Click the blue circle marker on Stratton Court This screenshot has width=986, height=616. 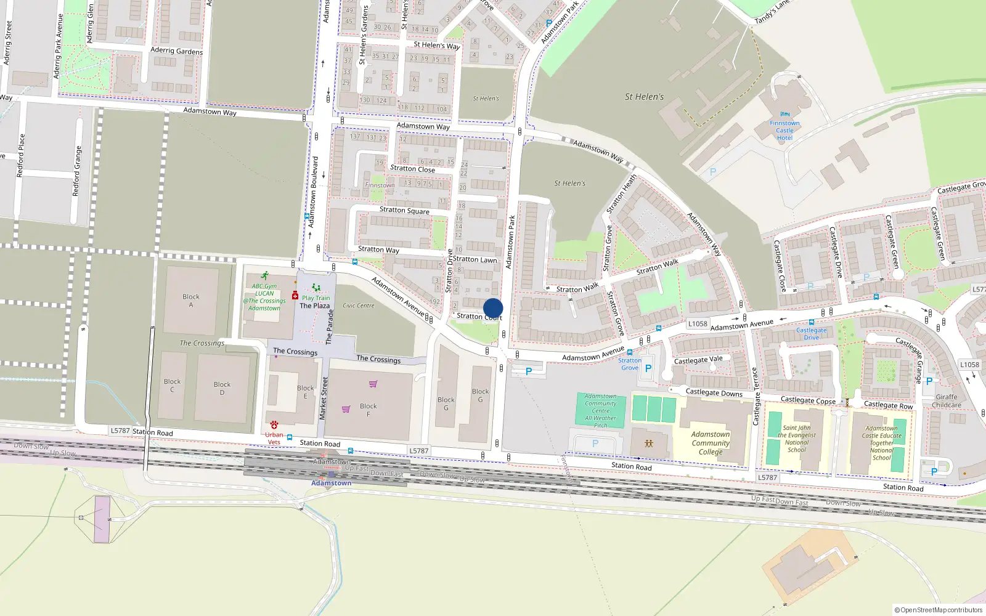click(x=493, y=308)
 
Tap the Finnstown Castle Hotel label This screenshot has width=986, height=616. click(x=784, y=130)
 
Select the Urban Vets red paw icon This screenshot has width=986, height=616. click(x=274, y=425)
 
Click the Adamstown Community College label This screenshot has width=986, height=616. click(x=711, y=443)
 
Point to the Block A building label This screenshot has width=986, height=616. click(x=191, y=301)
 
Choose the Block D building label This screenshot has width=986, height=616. click(x=222, y=388)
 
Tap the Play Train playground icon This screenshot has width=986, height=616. click(x=316, y=288)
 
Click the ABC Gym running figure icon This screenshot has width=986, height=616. click(x=264, y=276)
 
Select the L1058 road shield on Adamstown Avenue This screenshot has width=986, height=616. click(x=698, y=323)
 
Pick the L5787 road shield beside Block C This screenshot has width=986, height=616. click(x=120, y=431)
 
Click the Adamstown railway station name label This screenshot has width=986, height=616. click(x=331, y=483)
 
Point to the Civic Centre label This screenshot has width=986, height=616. click(x=358, y=306)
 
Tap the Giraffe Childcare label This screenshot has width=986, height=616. click(x=947, y=401)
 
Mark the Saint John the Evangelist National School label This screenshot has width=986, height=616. click(x=797, y=439)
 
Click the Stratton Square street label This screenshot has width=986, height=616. click(x=404, y=210)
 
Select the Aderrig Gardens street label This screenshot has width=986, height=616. click(x=176, y=51)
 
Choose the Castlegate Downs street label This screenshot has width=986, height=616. click(x=714, y=392)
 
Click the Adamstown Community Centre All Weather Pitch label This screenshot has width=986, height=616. click(x=601, y=411)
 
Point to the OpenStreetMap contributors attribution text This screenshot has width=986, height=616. click(x=939, y=610)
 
